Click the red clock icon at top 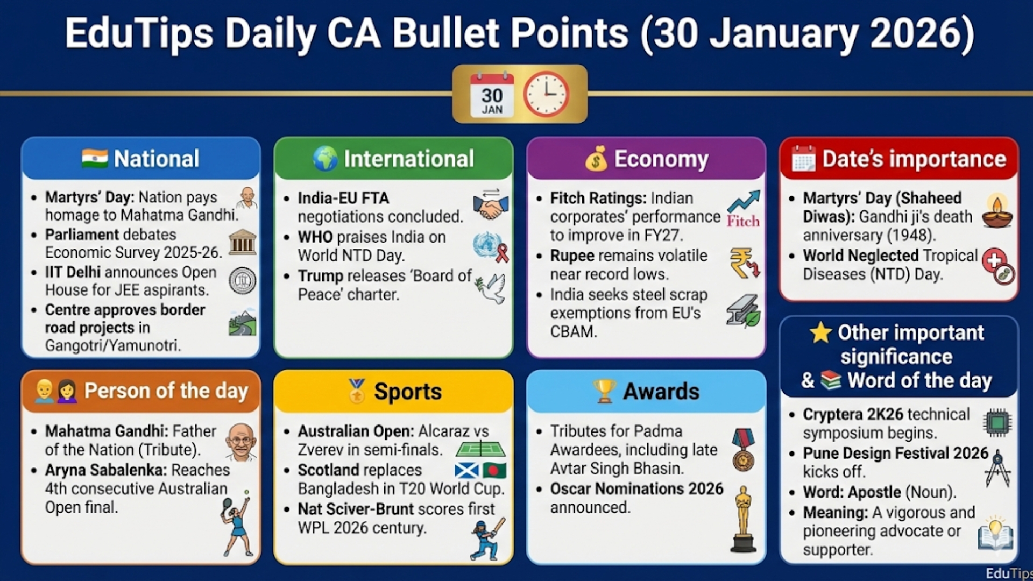(546, 94)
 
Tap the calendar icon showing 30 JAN (492, 95)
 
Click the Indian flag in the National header (95, 159)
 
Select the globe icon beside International (326, 159)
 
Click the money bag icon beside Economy (596, 159)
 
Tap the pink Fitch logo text (743, 221)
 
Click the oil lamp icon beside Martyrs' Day (997, 211)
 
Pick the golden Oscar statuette (743, 520)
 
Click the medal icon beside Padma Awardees (743, 450)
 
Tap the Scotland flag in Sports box (466, 471)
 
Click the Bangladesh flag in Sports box (494, 471)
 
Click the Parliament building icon (243, 242)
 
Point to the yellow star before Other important (820, 332)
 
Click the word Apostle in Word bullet (875, 492)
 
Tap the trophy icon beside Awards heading (604, 391)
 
